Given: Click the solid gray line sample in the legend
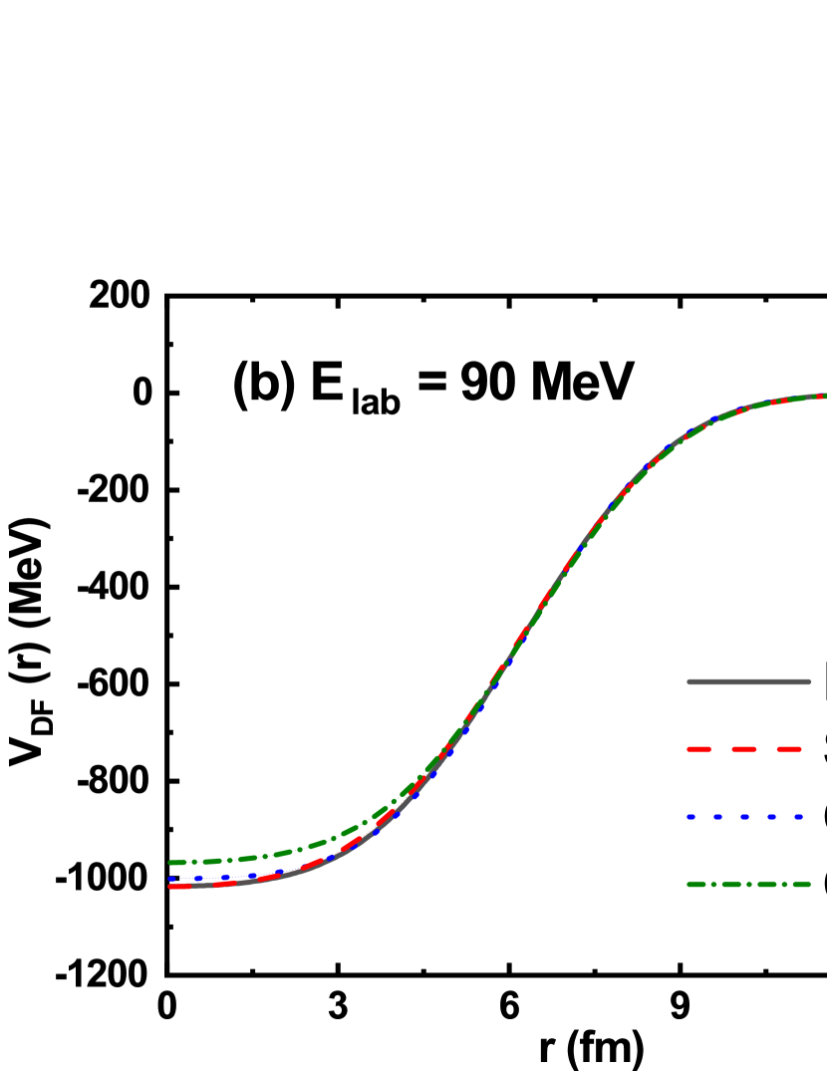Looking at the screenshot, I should (748, 681).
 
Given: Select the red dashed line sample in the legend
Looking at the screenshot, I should (744, 749).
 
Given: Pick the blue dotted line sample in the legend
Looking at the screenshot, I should (744, 817).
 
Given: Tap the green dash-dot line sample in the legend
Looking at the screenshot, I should (748, 884).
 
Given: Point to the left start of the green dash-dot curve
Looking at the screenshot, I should (171, 862).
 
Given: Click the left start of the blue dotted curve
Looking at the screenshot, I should (171, 880).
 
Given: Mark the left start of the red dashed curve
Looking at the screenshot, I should (171, 886).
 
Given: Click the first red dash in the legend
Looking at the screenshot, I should (698, 749).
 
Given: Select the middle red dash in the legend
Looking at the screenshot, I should (744, 749).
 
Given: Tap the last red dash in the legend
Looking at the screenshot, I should (789, 749).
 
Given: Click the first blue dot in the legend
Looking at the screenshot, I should (690, 817).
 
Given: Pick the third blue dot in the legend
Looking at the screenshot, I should (744, 817).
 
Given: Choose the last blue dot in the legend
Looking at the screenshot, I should (798, 817).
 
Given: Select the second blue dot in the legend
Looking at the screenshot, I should (717, 817).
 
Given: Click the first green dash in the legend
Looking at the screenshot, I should (697, 884).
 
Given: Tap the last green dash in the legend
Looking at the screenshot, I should (800, 884).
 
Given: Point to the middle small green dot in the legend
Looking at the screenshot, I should (748, 884).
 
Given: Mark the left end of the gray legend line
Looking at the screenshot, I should (689, 681).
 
